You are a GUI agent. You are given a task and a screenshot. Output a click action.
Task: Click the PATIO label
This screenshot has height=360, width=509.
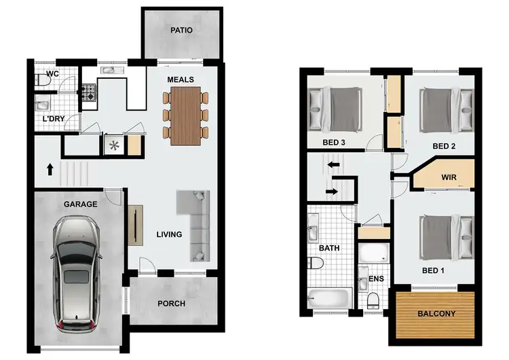[181, 31]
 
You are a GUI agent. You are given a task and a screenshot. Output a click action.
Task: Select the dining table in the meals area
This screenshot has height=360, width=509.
[185, 116]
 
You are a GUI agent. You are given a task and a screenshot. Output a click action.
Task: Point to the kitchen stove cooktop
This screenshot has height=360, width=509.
[89, 92]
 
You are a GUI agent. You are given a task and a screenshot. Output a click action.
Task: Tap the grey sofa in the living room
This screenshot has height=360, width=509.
[195, 223]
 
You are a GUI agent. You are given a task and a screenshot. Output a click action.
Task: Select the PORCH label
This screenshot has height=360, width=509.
[171, 304]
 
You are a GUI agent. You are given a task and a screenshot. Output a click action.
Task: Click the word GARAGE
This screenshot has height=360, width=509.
[81, 204]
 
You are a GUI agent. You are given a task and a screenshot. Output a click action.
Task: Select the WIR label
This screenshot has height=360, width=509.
[449, 177]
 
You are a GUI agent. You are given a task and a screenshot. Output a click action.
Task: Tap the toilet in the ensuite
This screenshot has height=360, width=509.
[373, 300]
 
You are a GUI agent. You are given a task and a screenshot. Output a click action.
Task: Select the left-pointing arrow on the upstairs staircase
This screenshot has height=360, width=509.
[333, 164]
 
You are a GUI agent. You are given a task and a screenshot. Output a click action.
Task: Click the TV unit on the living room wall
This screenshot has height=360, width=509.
[134, 224]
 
